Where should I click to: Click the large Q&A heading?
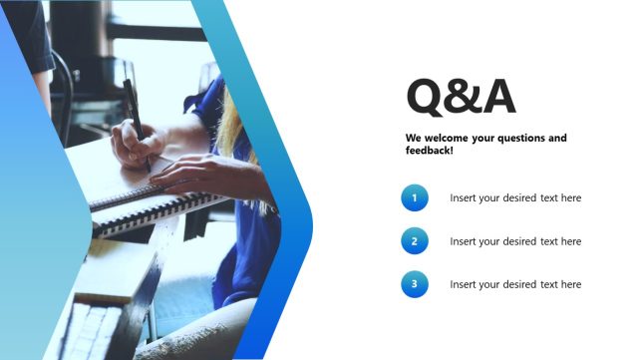click(461, 97)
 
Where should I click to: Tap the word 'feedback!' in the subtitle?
click(430, 150)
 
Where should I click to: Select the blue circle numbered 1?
click(415, 197)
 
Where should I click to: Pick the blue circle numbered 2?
click(415, 241)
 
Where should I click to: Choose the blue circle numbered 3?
click(415, 284)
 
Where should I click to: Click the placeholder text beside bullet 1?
click(514, 197)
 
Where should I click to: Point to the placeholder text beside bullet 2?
click(514, 241)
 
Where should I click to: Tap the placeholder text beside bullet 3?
click(514, 284)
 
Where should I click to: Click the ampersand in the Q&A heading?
click(462, 97)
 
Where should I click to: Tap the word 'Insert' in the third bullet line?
click(464, 284)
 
